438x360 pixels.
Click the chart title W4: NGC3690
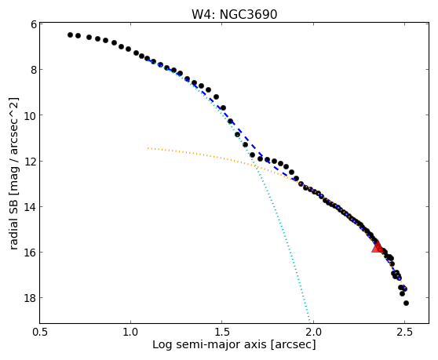(234, 14)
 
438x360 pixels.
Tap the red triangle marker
(378, 247)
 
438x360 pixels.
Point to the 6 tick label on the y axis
(34, 24)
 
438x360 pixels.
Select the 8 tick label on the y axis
(34, 70)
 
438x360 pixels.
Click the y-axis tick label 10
(31, 115)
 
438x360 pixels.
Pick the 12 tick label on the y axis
(31, 162)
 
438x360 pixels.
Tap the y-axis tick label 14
(31, 207)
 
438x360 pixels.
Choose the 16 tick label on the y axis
(31, 253)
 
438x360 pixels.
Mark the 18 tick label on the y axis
(31, 298)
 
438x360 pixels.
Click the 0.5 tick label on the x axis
(40, 333)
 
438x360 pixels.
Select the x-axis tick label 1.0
(131, 333)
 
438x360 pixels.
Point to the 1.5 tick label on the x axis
(222, 333)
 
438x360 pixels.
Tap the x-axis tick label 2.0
(313, 333)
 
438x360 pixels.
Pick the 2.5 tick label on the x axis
(404, 333)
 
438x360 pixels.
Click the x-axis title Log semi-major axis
(210, 345)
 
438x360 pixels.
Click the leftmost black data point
(70, 35)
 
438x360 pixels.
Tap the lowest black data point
(406, 303)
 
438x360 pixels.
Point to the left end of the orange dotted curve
(148, 148)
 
